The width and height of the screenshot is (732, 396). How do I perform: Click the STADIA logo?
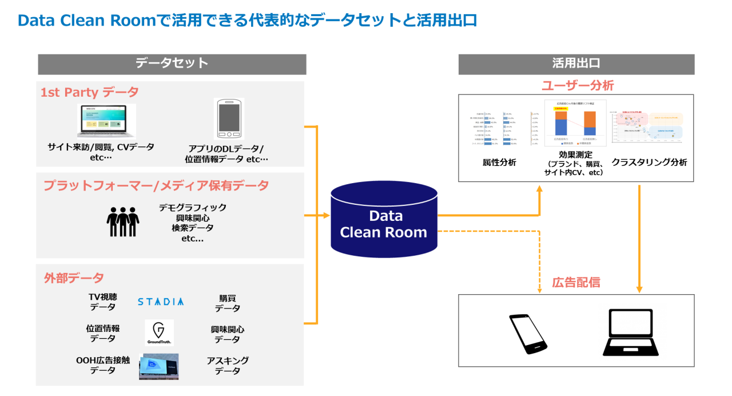[x=161, y=302]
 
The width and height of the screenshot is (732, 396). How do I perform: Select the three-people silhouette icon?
[x=123, y=221]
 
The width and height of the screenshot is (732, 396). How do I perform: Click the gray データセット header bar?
[x=172, y=64]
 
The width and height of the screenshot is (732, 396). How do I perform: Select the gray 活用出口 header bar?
[x=576, y=64]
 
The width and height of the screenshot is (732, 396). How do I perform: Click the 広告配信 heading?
[x=576, y=282]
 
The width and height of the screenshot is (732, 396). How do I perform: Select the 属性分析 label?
[x=499, y=163]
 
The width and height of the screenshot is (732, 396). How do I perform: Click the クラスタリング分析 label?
[x=649, y=163]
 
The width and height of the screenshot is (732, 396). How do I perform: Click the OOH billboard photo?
[x=159, y=366]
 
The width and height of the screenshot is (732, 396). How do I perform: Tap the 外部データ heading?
[x=74, y=278]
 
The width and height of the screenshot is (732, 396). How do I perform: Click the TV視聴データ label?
[x=103, y=302]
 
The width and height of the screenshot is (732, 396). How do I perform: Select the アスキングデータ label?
[x=228, y=366]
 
